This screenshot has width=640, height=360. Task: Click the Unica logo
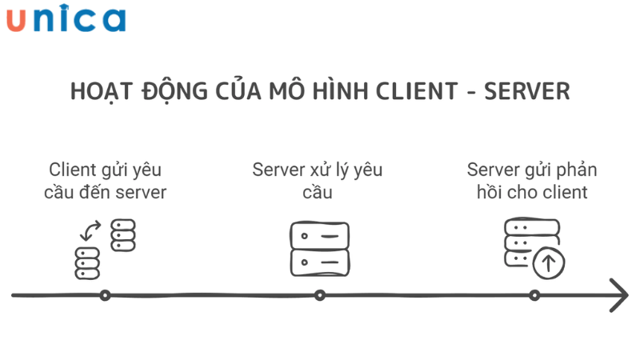pyautogui.click(x=66, y=19)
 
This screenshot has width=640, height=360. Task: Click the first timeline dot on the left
pyautogui.click(x=105, y=295)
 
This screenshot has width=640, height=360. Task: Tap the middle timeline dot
pyautogui.click(x=320, y=295)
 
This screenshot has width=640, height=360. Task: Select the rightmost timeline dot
pyautogui.click(x=534, y=295)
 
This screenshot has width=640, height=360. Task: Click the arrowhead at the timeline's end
pyautogui.click(x=618, y=295)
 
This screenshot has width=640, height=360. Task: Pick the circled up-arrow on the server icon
pyautogui.click(x=549, y=262)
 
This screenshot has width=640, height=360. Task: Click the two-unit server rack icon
pyautogui.click(x=319, y=248)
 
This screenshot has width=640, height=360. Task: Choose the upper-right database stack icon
pyautogui.click(x=123, y=234)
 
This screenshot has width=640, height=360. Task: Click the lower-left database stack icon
pyautogui.click(x=87, y=263)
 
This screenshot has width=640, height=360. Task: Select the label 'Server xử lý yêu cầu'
pyautogui.click(x=318, y=181)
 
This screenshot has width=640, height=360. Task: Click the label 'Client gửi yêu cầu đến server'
pyautogui.click(x=105, y=181)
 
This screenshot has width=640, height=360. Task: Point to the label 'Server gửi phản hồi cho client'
pyautogui.click(x=532, y=181)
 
